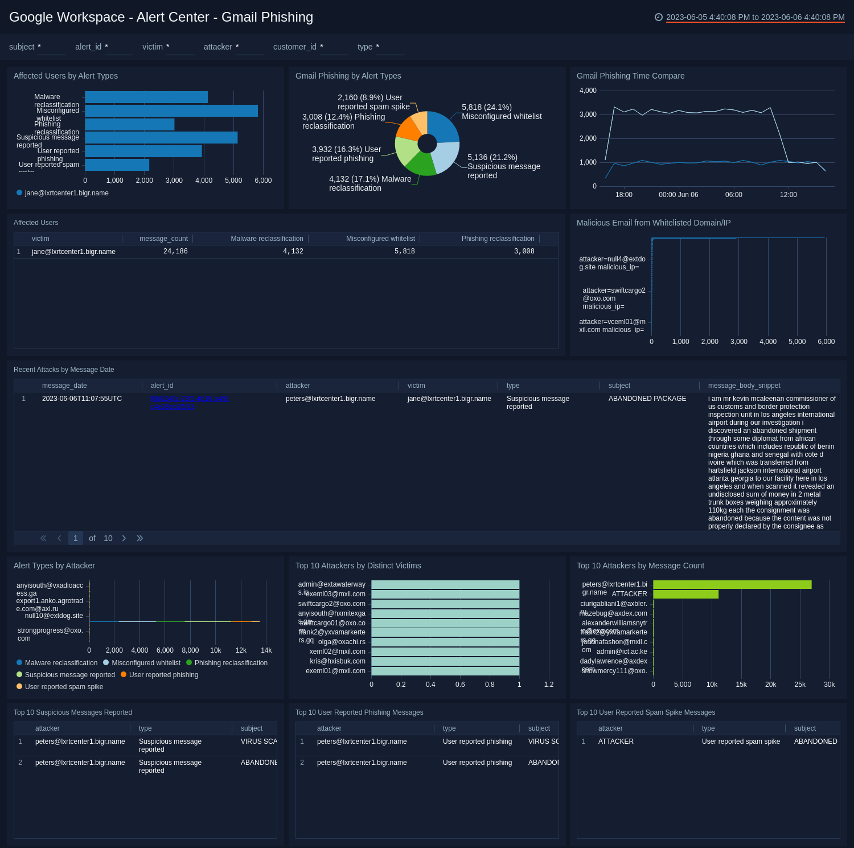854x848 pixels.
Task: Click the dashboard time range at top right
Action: [754, 17]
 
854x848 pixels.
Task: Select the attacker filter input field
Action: [249, 47]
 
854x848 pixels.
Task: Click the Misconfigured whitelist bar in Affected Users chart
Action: [171, 111]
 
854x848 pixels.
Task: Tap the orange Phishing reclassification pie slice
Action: [409, 129]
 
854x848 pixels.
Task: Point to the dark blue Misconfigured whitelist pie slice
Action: [444, 126]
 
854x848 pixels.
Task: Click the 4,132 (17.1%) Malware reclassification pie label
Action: [369, 183]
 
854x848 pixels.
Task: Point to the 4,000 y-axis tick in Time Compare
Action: [588, 91]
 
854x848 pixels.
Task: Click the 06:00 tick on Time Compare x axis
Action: [733, 195]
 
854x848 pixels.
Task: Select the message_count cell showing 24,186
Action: [175, 251]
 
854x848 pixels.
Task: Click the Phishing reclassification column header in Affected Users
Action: [498, 239]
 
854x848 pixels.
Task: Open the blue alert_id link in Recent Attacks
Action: [190, 403]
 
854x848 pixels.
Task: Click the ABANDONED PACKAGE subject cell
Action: [647, 399]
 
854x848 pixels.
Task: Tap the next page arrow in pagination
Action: [124, 538]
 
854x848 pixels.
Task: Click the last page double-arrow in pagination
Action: [140, 538]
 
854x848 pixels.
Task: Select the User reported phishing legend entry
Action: [163, 675]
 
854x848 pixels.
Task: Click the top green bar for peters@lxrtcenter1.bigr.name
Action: [732, 584]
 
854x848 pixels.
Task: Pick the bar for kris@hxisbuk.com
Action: [445, 661]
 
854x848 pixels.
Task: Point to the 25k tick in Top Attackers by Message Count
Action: [799, 685]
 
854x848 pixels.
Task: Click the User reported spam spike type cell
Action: [741, 742]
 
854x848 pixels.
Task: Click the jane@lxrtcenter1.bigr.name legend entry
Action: [66, 193]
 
